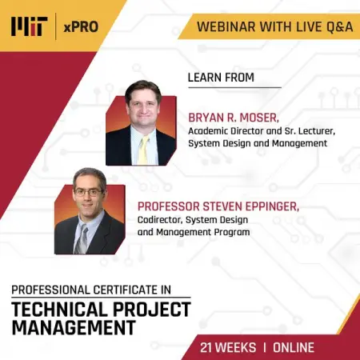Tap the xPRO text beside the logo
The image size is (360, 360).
tap(82, 27)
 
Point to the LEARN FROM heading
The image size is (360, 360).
tap(221, 78)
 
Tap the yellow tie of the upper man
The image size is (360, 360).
tap(143, 149)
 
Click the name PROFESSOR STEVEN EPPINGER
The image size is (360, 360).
tap(218, 206)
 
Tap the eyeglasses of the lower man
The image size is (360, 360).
tap(89, 192)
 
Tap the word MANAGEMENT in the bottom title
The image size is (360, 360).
tap(71, 327)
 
